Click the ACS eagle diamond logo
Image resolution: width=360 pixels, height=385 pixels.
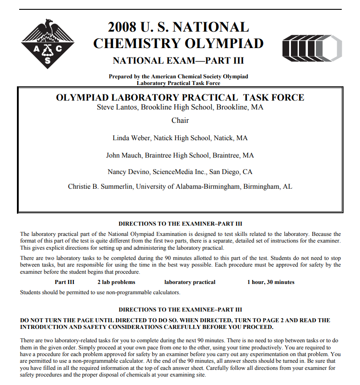(x=48, y=43)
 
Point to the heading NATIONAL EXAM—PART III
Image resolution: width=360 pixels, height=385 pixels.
(x=178, y=61)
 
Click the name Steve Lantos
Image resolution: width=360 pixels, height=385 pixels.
(x=117, y=108)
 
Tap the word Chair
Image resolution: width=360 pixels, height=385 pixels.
(x=180, y=120)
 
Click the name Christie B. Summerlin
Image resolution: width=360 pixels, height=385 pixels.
(x=101, y=186)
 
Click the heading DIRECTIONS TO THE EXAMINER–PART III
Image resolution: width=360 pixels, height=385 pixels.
(x=180, y=224)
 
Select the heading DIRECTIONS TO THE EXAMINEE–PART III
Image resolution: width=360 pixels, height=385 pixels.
(x=180, y=309)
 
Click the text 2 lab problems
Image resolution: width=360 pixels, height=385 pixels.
(x=116, y=282)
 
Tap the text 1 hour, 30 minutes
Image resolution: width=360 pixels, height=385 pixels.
(x=270, y=282)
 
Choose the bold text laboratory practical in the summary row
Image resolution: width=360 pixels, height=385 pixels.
(x=189, y=282)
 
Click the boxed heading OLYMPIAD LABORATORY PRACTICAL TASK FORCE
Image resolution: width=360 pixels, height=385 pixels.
(x=180, y=97)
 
